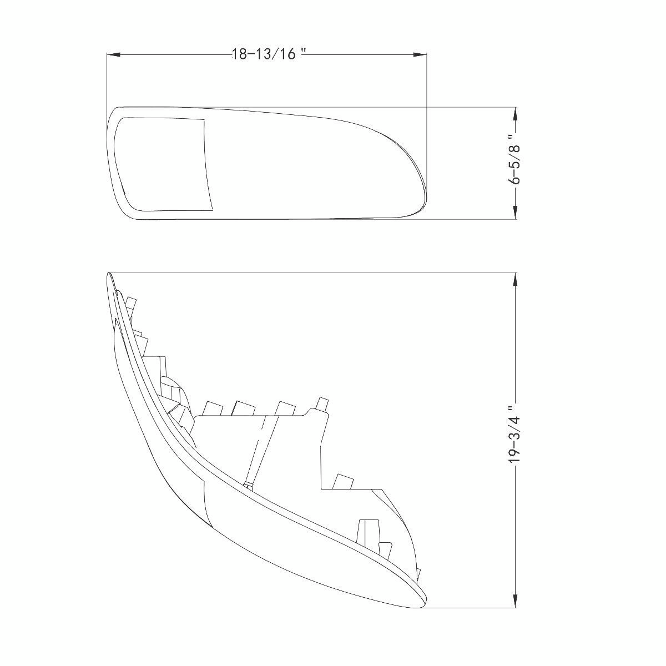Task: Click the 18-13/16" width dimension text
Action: tap(269, 54)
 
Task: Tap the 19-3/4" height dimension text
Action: tap(516, 433)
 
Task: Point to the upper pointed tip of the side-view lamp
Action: tap(109, 275)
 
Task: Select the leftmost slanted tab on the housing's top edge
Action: tap(211, 408)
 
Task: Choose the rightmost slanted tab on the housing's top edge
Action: tap(285, 408)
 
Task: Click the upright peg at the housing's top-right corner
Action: tap(321, 403)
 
